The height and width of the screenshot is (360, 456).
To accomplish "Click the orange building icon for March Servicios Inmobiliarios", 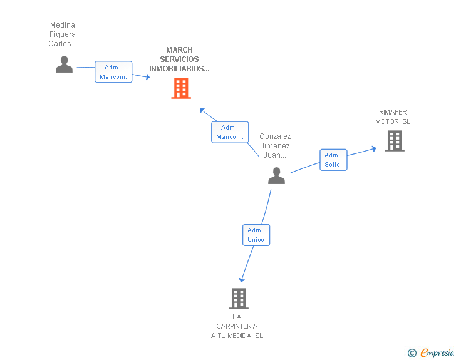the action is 181,88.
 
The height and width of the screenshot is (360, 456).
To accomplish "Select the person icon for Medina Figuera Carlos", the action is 64,64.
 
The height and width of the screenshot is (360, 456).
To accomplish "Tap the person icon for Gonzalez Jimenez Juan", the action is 276,176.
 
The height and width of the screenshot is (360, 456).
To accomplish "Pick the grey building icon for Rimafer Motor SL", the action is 395,141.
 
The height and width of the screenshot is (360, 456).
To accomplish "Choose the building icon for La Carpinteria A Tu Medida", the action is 239,299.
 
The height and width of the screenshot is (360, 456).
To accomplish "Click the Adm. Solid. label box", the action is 333,160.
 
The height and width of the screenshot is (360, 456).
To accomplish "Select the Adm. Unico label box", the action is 256,235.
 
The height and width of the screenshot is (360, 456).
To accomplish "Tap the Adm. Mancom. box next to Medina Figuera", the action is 113,72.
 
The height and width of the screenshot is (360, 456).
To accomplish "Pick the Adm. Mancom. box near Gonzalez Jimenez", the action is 230,132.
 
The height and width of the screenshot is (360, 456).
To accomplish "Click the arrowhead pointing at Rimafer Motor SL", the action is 374,149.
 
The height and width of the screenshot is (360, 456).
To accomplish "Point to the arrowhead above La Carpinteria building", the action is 242,280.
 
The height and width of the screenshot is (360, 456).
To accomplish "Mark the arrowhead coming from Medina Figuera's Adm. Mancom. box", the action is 148,77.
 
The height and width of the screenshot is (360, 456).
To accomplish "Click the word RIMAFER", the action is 393,112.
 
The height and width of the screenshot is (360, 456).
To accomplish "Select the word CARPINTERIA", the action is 237,326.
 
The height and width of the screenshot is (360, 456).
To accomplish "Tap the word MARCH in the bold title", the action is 179,49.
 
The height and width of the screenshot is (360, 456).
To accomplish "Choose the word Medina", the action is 63,24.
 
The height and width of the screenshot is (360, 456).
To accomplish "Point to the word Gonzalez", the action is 275,136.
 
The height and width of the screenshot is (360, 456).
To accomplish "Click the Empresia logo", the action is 437,352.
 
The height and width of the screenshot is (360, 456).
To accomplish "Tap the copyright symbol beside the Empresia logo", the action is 412,353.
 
